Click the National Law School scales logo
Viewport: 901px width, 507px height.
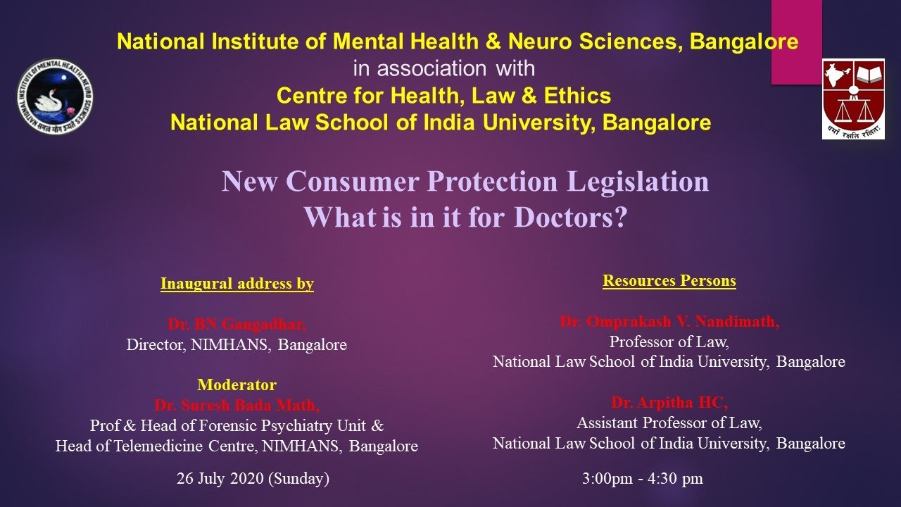coord(853,99)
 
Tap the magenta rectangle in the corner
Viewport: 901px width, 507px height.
coord(796,41)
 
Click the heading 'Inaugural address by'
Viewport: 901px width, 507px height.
coord(237,284)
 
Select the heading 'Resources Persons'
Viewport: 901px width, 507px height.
coord(669,281)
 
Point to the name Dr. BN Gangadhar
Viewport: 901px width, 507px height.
coord(237,325)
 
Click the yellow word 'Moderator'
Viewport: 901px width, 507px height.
coord(237,385)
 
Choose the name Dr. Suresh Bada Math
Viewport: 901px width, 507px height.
coord(237,406)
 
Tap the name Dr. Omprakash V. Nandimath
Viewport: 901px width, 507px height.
coord(669,322)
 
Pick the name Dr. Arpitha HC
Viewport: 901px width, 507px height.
coord(669,403)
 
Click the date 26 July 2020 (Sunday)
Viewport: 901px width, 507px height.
coord(253,479)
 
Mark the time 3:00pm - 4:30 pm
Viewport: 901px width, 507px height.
coord(642,479)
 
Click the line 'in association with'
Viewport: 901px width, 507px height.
coord(443,68)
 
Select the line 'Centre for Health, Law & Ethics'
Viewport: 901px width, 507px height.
coord(443,95)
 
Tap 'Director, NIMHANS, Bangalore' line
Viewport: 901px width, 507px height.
coord(237,345)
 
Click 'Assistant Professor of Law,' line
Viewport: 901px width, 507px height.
coord(669,423)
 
